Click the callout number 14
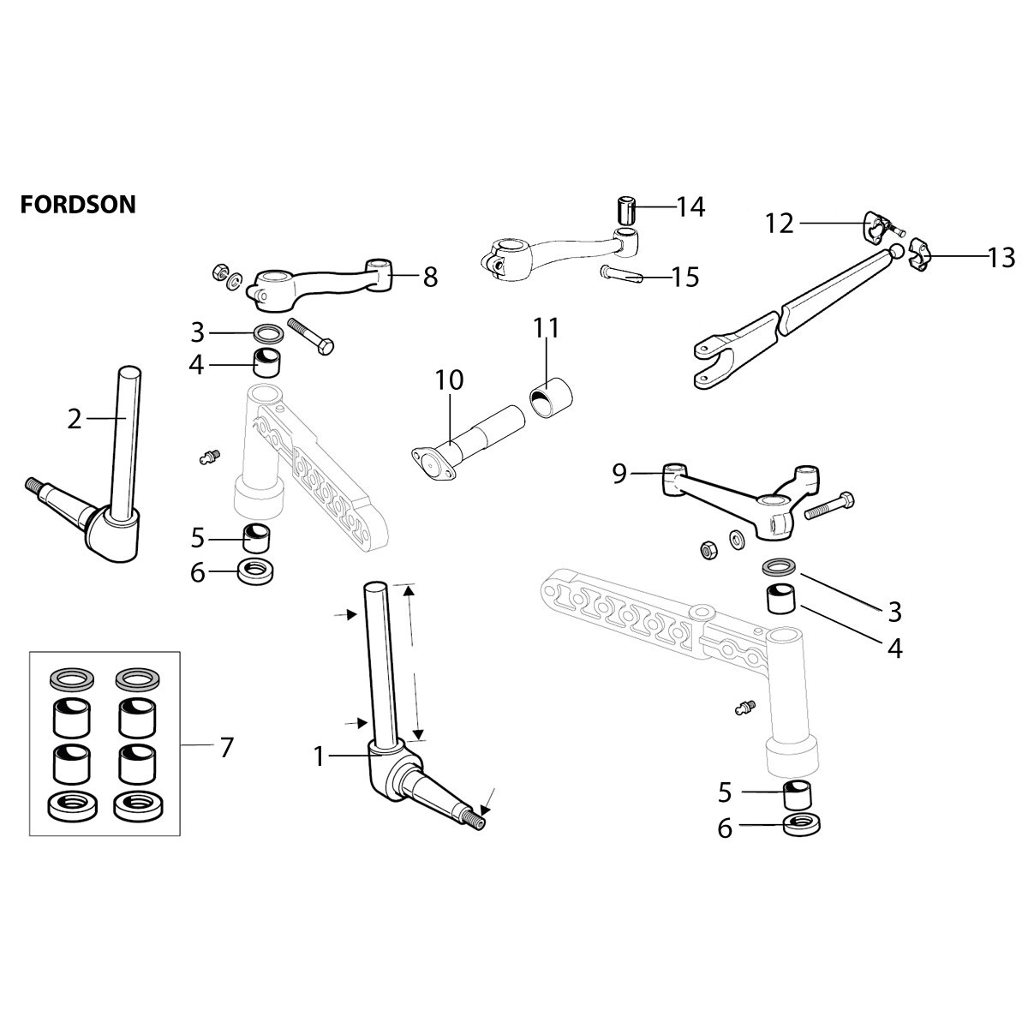point(690,206)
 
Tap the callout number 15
point(684,277)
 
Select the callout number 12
point(780,224)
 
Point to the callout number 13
point(1000,257)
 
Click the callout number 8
point(429,276)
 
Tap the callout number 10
point(448,380)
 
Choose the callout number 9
point(620,473)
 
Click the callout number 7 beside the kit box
point(226,747)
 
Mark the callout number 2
point(75,419)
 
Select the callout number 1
point(319,756)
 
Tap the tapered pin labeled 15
point(623,274)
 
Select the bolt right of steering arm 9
point(830,507)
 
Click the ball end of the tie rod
point(894,251)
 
